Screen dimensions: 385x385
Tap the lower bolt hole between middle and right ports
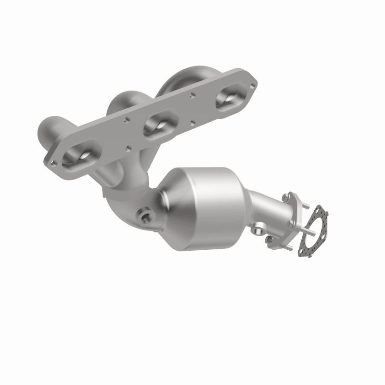point(193,121)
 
